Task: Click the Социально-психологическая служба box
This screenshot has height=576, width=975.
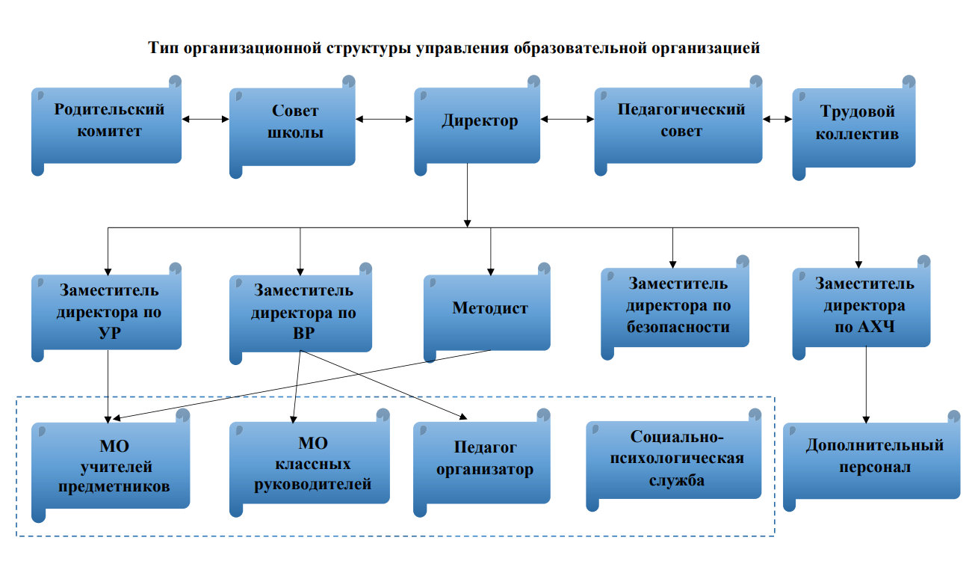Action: [x=676, y=459]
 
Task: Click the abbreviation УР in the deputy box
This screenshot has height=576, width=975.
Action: [x=108, y=334]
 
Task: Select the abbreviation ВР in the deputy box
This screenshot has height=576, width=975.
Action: [x=303, y=334]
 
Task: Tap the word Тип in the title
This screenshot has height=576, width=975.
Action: [x=164, y=49]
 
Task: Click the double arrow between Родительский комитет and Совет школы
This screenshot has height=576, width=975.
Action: [x=205, y=118]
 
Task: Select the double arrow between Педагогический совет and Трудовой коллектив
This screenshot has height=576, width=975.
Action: [x=778, y=118]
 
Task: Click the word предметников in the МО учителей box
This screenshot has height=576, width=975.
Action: [x=114, y=486]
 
